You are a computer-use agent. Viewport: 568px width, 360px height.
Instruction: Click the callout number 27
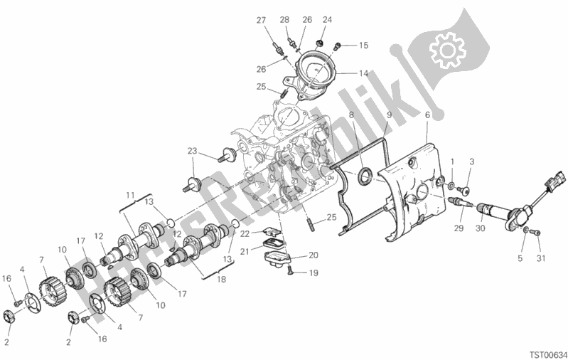tap(260, 20)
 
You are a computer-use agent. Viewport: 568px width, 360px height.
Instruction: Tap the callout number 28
tap(284, 20)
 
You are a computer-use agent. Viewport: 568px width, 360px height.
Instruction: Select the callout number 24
tap(327, 20)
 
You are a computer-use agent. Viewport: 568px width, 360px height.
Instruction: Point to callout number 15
tap(363, 46)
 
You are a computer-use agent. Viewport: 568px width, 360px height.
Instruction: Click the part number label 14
tap(363, 73)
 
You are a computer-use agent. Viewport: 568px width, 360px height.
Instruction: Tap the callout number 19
tap(314, 272)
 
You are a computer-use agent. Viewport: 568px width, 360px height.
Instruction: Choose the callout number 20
tap(314, 255)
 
